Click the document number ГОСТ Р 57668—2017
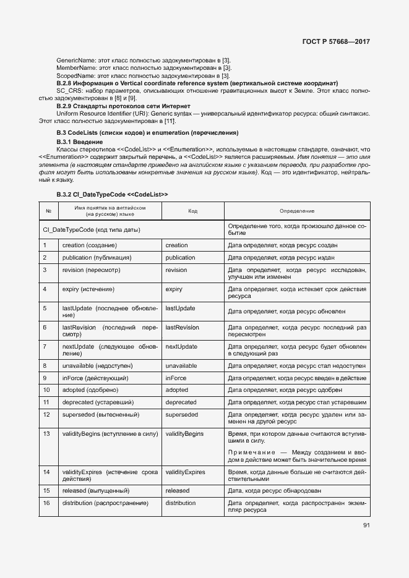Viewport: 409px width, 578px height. click(x=337, y=42)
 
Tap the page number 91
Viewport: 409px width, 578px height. click(x=366, y=526)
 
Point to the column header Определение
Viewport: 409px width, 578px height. click(x=296, y=211)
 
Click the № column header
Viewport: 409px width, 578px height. click(x=48, y=211)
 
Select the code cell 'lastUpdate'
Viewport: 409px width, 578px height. click(x=180, y=308)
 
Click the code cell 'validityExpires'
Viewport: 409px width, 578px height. click(x=185, y=472)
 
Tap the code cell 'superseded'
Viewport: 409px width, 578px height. click(x=181, y=414)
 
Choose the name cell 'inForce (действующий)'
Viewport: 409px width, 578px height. click(x=95, y=378)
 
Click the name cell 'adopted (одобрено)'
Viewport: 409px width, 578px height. click(x=90, y=390)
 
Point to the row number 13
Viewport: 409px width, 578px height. click(x=46, y=435)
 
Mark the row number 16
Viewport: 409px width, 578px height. click(x=46, y=503)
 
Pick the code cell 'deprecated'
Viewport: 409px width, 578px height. click(x=181, y=402)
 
